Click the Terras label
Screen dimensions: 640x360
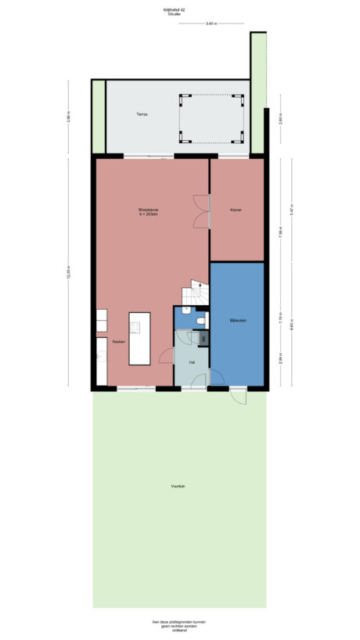pyautogui.click(x=141, y=114)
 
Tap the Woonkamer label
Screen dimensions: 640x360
pyautogui.click(x=149, y=211)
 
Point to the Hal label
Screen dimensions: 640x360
pyautogui.click(x=192, y=361)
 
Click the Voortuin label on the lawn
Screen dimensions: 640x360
pyautogui.click(x=178, y=487)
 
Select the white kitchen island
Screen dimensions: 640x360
pyautogui.click(x=140, y=338)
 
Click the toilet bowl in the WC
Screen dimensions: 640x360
pyautogui.click(x=201, y=320)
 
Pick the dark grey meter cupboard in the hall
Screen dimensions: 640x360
pyautogui.click(x=203, y=338)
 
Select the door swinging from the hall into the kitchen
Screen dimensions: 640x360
pyautogui.click(x=166, y=356)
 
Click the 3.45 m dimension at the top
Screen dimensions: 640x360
pyautogui.click(x=211, y=24)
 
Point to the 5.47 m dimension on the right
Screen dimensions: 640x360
pyautogui.click(x=291, y=210)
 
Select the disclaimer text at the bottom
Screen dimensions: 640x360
pyautogui.click(x=179, y=627)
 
